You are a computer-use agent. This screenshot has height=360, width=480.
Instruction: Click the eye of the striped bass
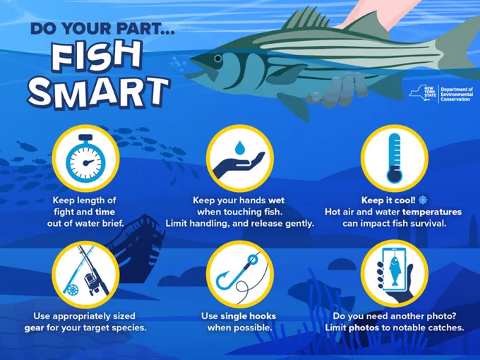(218, 58)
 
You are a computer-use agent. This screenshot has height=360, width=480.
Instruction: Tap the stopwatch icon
(85, 157)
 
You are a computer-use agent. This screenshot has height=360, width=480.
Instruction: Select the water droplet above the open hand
(240, 148)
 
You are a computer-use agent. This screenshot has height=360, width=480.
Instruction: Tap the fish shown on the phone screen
(395, 271)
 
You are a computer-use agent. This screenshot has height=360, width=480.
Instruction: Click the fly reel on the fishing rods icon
(73, 289)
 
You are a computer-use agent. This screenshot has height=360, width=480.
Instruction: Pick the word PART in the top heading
(145, 28)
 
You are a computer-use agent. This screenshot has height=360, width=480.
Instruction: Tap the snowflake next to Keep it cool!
(423, 200)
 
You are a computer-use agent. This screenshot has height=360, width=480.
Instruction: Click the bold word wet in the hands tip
(277, 200)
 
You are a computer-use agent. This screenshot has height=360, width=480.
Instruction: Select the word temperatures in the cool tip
(432, 212)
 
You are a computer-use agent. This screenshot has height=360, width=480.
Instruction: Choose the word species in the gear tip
(129, 328)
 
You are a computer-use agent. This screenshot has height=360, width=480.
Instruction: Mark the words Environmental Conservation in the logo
(457, 97)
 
